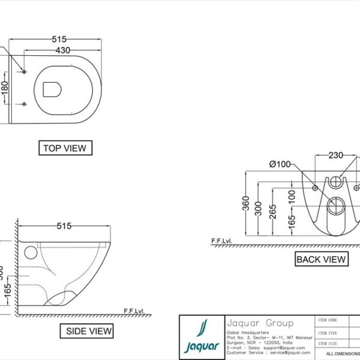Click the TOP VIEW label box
click(65, 148)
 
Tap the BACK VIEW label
click(321, 259)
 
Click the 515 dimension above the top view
click(59, 40)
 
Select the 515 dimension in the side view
click(64, 226)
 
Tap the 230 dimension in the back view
click(335, 155)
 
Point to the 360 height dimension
click(246, 204)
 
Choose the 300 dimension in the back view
click(259, 208)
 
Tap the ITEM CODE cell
click(332, 320)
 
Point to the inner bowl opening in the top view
click(52, 89)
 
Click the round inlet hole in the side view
click(28, 253)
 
